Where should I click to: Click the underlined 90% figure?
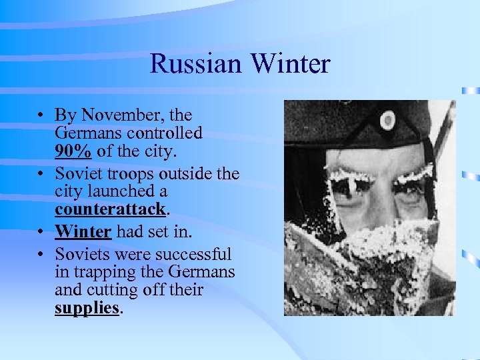click(73, 151)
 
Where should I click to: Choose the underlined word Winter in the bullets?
click(84, 231)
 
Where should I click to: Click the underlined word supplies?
click(87, 309)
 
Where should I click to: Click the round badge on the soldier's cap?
click(387, 121)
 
